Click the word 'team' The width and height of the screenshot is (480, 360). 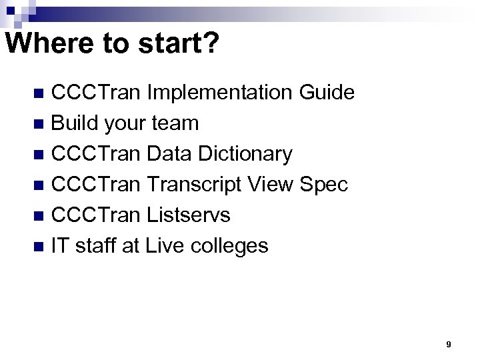point(175,123)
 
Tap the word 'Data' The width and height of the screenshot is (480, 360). point(166,154)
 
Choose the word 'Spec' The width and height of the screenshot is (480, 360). point(324,185)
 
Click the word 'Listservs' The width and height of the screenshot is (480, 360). point(189,215)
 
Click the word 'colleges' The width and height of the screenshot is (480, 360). point(229,246)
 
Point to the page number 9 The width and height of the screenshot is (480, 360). point(448,345)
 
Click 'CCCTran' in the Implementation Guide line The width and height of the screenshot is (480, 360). point(96,93)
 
